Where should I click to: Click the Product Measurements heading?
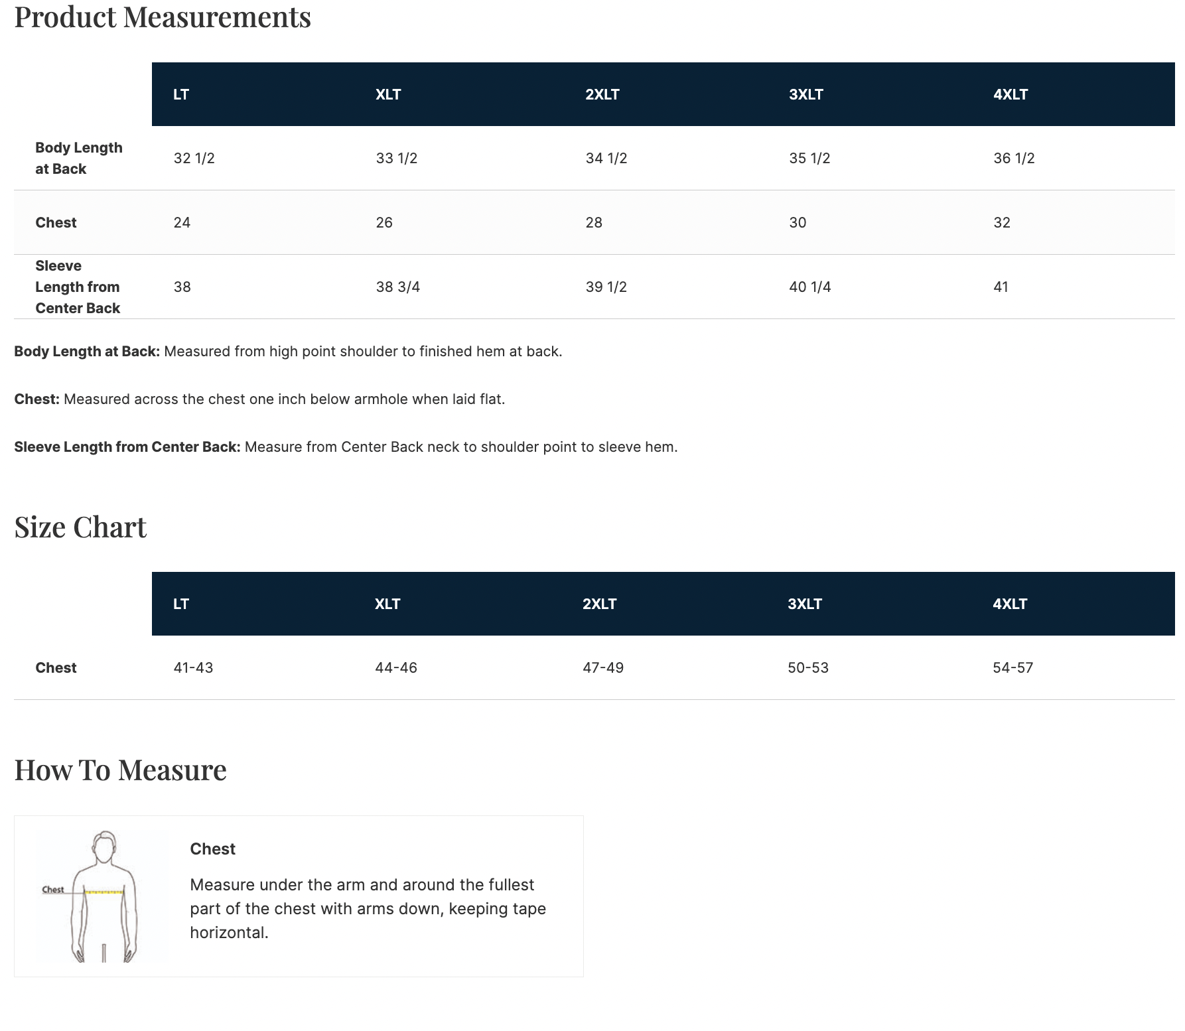click(163, 17)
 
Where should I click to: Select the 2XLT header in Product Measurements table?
click(602, 94)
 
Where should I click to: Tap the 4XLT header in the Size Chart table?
click(1009, 604)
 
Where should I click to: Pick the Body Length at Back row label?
click(78, 158)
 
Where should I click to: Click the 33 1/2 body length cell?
click(396, 158)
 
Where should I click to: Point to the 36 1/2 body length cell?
click(1013, 158)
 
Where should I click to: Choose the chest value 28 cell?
click(593, 222)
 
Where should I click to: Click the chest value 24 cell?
click(182, 222)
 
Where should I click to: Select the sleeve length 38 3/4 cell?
click(397, 287)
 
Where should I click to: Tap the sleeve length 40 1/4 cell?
click(809, 287)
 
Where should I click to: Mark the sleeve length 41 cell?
click(1001, 287)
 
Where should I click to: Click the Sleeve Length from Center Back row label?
click(78, 287)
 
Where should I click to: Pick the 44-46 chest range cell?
click(395, 667)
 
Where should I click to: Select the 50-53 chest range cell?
click(807, 667)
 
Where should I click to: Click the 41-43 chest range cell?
click(193, 667)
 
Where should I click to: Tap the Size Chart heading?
click(80, 527)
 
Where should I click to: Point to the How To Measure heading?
click(120, 770)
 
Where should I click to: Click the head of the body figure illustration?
click(104, 847)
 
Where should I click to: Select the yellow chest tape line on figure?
click(104, 892)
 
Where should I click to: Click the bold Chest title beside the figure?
click(212, 849)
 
